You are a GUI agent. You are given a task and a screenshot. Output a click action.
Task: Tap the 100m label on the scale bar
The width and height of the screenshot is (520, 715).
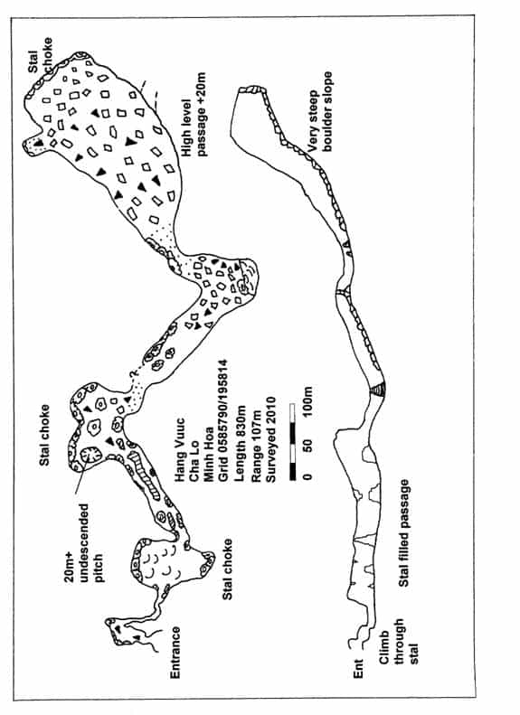(x=307, y=400)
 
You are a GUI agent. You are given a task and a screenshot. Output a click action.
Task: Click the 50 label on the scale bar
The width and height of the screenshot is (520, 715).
(x=307, y=444)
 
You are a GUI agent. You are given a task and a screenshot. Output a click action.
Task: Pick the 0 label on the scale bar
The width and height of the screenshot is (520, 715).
(x=307, y=476)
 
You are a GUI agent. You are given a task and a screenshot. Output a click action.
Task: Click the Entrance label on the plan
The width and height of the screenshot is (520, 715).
(x=175, y=653)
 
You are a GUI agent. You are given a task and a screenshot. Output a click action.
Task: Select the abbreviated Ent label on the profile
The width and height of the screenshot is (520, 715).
(x=358, y=668)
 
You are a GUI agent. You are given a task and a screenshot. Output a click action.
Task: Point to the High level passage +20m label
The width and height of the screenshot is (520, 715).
(x=194, y=115)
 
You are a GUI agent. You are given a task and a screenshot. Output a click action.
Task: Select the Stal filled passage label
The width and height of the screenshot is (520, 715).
(x=403, y=533)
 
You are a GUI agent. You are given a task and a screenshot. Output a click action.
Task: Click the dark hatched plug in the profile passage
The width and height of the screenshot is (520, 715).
(x=378, y=389)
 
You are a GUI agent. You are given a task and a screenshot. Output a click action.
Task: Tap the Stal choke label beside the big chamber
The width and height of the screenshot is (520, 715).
(x=40, y=56)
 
